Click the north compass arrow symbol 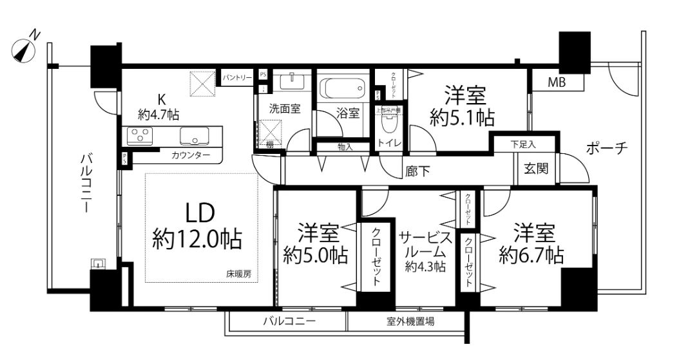24,50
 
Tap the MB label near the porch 557,82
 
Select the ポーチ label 607,148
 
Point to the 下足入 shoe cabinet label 523,144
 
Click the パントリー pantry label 237,77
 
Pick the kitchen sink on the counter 194,136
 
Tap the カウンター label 190,155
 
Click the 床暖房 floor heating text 238,274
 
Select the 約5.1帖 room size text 463,118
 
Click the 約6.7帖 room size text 532,254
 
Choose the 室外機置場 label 410,321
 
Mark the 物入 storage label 345,147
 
